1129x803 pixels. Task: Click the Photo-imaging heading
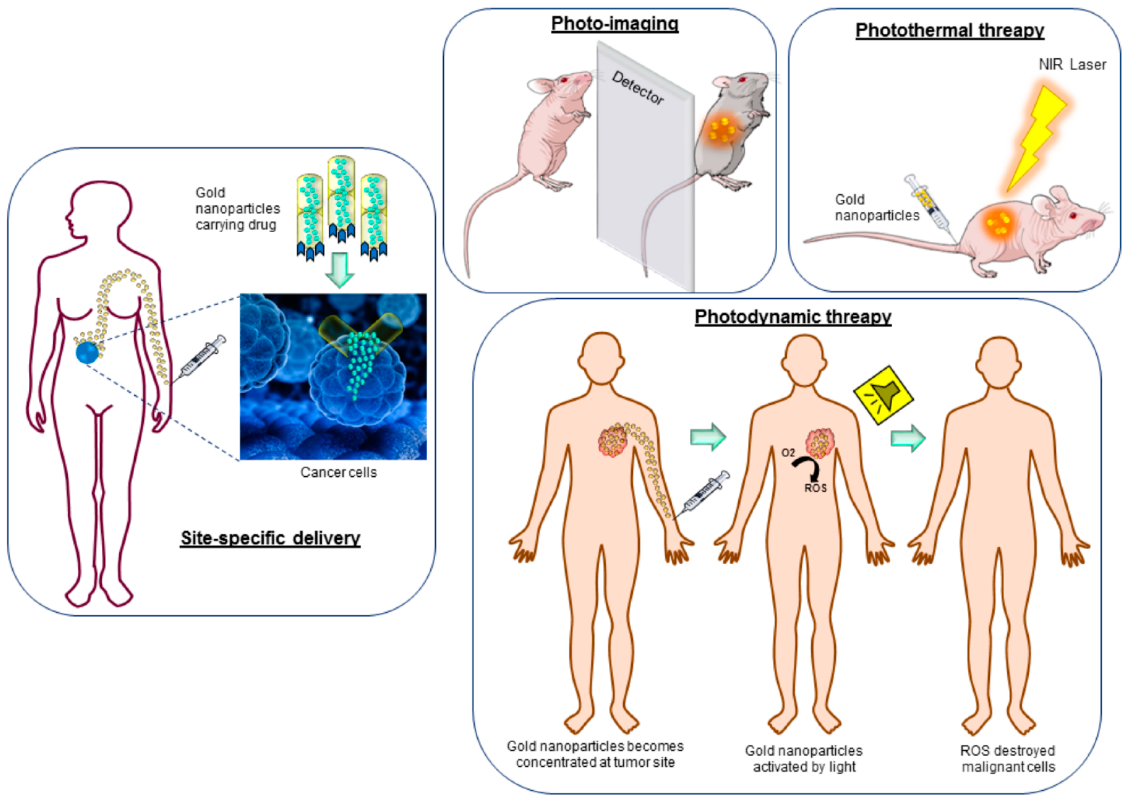coord(614,24)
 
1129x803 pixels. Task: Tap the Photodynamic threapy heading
coord(793,317)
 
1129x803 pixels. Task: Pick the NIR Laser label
coord(1072,65)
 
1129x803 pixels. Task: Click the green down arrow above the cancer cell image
coord(340,270)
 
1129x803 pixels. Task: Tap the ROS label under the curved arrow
coord(815,489)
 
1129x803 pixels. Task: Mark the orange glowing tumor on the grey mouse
coord(722,130)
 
